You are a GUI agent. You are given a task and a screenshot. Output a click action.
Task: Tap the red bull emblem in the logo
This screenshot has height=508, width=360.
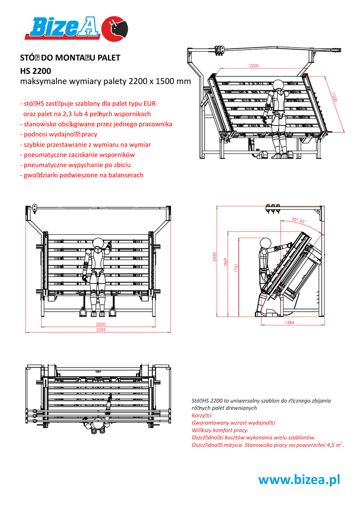pyautogui.click(x=114, y=29)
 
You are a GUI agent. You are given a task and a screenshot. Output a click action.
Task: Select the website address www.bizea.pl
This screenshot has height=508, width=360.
pyautogui.click(x=299, y=479)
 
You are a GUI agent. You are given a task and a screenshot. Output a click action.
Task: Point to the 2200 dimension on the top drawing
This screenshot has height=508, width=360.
pyautogui.click(x=254, y=66)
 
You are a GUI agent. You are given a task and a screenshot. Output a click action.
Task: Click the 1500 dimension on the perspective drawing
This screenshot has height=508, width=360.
pyautogui.click(x=334, y=97)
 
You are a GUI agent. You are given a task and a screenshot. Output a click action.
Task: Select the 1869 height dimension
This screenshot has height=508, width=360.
pyautogui.click(x=225, y=263)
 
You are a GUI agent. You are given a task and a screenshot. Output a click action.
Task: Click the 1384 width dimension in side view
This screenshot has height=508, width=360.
pyautogui.click(x=290, y=322)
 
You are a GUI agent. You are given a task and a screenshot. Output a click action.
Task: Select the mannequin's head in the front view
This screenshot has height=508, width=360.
pyautogui.click(x=98, y=243)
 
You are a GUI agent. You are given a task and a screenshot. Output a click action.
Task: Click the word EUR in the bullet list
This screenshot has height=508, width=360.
pyautogui.click(x=149, y=104)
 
